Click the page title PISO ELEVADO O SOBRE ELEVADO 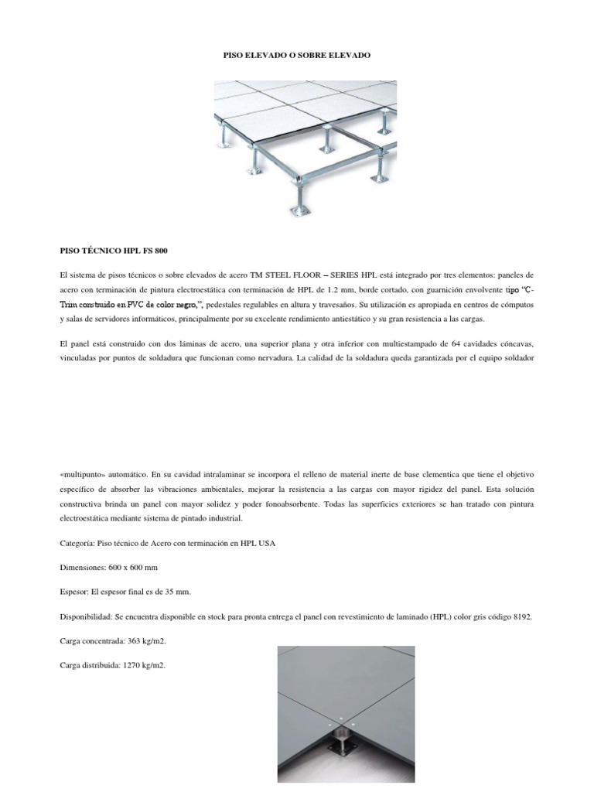click(297, 56)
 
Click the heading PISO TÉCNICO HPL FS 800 click(114, 251)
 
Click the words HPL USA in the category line click(258, 543)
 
